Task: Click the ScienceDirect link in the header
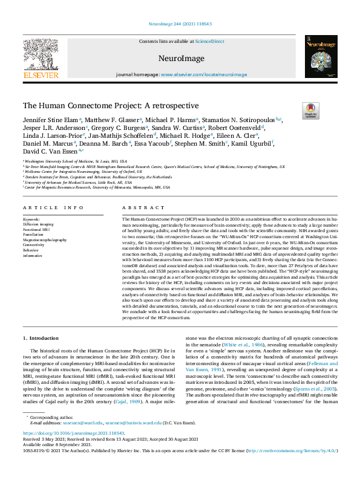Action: pos(210,41)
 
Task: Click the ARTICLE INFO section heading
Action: pos(53,207)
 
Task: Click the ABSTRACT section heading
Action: pos(135,207)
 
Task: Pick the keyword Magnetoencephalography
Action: pos(45,240)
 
